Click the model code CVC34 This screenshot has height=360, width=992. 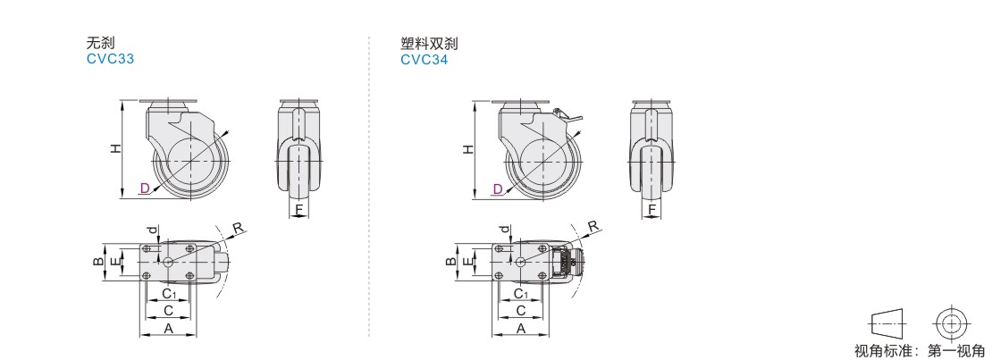[x=424, y=60]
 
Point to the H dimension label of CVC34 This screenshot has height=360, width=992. [x=467, y=149]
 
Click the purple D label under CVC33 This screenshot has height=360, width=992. [x=144, y=188]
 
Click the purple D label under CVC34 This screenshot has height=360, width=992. [x=498, y=188]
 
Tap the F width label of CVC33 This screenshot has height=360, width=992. [x=300, y=211]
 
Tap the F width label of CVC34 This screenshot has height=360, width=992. [x=652, y=211]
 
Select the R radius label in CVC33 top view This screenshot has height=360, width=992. [x=238, y=228]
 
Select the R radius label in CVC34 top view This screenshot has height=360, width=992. [x=592, y=228]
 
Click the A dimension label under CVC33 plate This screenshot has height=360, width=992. [x=168, y=328]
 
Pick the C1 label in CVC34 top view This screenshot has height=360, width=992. [x=521, y=294]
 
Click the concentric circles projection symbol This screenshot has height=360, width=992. [x=951, y=322]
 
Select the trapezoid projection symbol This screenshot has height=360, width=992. [x=887, y=322]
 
